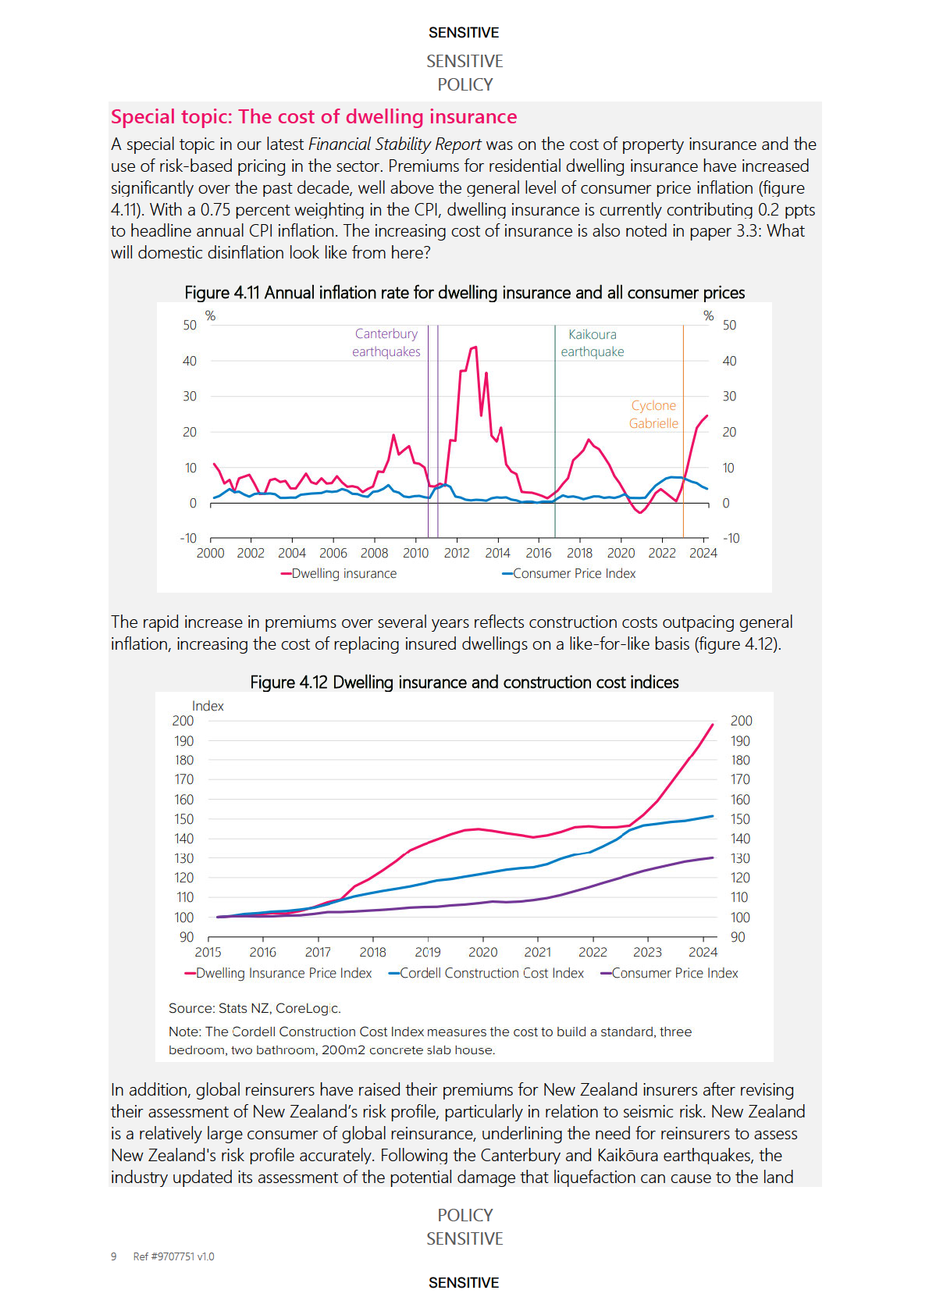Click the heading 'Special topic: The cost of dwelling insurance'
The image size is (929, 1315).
pos(313,117)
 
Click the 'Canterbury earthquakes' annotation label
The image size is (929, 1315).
pos(386,343)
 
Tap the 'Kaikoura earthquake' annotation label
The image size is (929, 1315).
pos(592,343)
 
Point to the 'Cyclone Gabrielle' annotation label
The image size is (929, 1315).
pos(653,415)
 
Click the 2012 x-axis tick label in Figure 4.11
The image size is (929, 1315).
pos(457,554)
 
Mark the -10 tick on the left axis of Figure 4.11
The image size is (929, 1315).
pos(188,539)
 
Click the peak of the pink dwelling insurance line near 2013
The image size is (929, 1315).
pos(475,347)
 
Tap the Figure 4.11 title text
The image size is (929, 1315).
pos(464,293)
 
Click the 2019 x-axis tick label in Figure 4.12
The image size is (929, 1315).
pos(428,953)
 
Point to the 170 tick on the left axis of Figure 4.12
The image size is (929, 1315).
pos(183,779)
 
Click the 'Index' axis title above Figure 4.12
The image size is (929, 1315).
pos(208,706)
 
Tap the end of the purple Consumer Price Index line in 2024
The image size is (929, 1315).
pos(712,858)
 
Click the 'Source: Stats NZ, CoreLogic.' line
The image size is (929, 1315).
pos(254,1009)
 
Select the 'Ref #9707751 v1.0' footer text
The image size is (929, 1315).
pos(173,1256)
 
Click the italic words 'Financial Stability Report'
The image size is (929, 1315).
pos(394,144)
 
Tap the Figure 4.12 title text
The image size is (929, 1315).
pos(464,682)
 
